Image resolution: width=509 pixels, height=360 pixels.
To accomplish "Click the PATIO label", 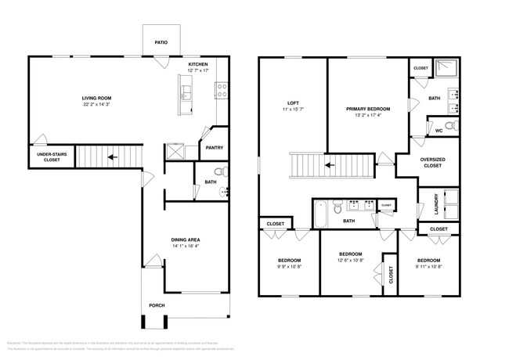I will pyautogui.click(x=161, y=44).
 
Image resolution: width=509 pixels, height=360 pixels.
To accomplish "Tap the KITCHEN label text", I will pyautogui.click(x=198, y=65).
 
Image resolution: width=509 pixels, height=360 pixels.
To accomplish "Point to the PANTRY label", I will pyautogui.click(x=214, y=147).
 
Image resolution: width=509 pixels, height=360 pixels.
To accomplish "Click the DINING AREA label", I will pyautogui.click(x=188, y=240).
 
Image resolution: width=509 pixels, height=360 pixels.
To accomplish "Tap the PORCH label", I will pyautogui.click(x=157, y=305).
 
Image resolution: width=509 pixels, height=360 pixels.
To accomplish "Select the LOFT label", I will pyautogui.click(x=294, y=103).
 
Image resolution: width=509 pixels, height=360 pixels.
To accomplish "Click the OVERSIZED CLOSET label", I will pyautogui.click(x=432, y=163).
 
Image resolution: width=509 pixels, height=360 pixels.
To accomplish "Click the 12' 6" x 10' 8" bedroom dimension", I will pyautogui.click(x=350, y=261).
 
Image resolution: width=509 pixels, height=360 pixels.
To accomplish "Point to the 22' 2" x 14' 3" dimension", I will pyautogui.click(x=99, y=104).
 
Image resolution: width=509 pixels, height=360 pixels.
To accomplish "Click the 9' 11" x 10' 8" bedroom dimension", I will pyautogui.click(x=428, y=267).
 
